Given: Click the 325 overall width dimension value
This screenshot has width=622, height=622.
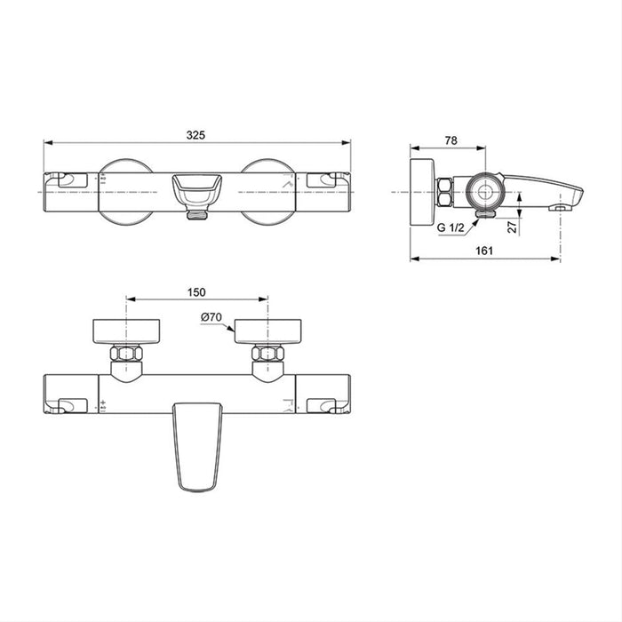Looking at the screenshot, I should point(196,134).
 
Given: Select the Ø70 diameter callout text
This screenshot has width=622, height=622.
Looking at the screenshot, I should point(211,317).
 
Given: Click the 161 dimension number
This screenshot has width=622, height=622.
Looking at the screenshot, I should point(484,251).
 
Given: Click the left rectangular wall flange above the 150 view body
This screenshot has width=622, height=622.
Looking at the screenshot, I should point(126,331).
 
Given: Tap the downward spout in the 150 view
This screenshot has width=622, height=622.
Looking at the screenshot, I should point(196,444).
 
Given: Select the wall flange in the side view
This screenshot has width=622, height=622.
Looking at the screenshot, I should point(420,190).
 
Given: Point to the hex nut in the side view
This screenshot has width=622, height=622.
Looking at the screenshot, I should point(444,190).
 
